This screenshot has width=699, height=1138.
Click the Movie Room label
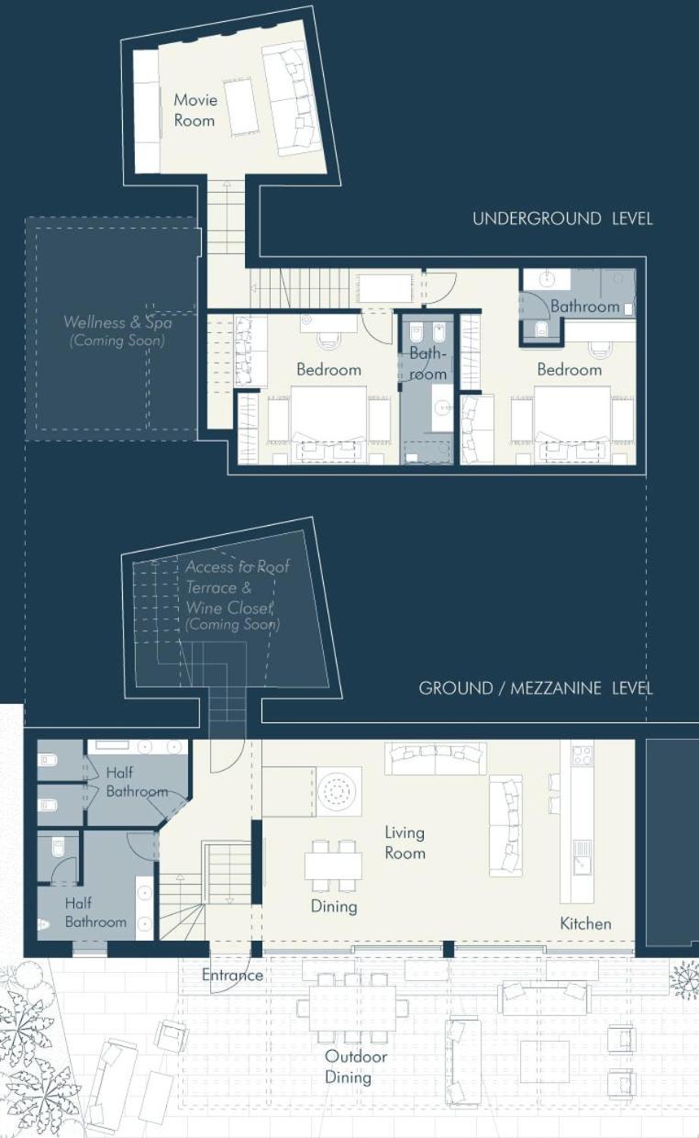pos(195,110)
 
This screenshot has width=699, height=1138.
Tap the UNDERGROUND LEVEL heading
pos(562,219)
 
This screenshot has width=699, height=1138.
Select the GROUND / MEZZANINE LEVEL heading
pos(536,688)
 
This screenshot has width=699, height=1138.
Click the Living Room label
pos(405,842)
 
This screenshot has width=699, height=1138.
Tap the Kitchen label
pos(585,923)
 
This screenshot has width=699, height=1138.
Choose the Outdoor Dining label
pos(355,1066)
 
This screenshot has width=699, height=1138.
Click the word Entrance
pos(232,975)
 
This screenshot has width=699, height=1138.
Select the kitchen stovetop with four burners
pos(582,754)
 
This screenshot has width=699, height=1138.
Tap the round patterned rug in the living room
pos(339,791)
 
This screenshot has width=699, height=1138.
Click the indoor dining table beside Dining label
pos(334,865)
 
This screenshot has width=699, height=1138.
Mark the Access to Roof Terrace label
pos(237,577)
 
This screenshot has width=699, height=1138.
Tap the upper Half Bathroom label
pos(137,782)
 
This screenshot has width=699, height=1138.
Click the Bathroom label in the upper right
pos(584,307)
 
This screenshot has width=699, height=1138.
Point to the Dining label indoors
pos(334,907)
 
